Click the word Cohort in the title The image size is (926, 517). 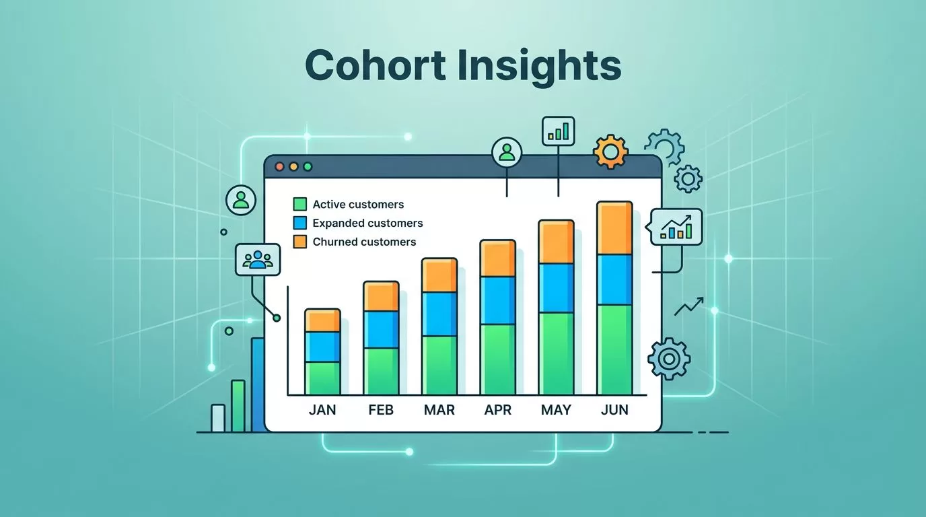376,65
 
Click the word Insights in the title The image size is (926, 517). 540,67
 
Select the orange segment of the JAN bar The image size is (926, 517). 322,320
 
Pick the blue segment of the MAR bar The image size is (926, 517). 439,314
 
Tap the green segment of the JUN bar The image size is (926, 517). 614,350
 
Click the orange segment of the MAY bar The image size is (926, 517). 556,242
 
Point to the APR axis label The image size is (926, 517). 498,410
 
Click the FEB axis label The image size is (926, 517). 381,410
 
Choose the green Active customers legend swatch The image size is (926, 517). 299,204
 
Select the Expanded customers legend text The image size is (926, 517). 367,223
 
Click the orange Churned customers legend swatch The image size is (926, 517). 299,242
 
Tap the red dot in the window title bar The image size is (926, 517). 279,167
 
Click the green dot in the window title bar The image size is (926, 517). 308,167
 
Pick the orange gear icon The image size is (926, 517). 610,151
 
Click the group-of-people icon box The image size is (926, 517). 258,260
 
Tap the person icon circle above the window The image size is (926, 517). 507,152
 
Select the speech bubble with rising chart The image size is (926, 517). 675,227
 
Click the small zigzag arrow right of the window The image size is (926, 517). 689,306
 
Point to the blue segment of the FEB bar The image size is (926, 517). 381,330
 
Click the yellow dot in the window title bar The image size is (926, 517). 293,167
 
